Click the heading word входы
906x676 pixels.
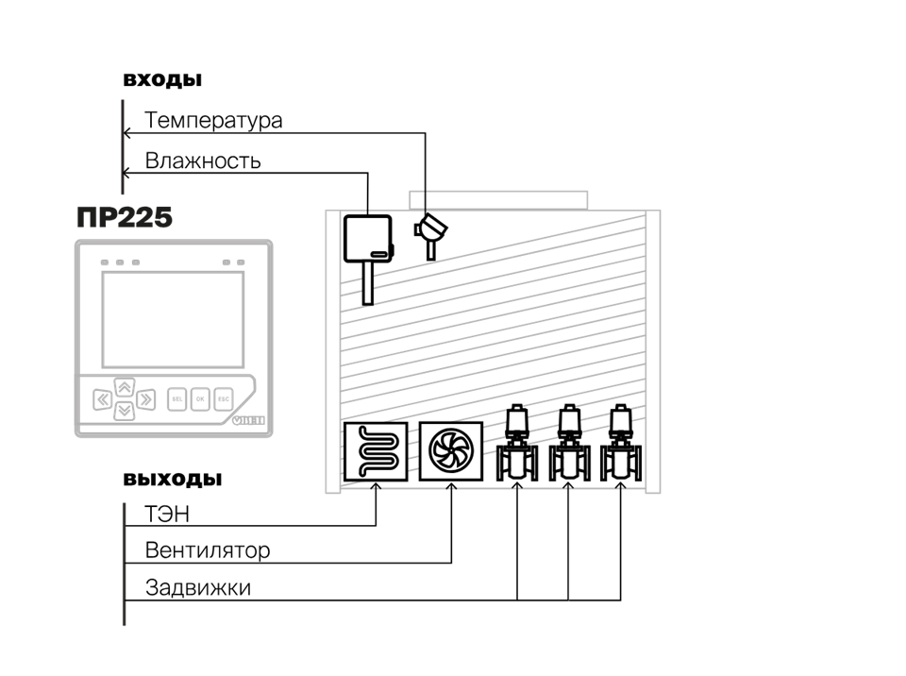(163, 79)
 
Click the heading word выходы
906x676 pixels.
(173, 479)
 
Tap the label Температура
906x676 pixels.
(213, 122)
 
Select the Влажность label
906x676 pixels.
(203, 161)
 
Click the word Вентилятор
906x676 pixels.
(208, 550)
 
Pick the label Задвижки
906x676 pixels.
(198, 587)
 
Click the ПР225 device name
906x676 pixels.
(125, 218)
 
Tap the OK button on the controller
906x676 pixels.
(200, 398)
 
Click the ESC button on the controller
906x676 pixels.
(224, 398)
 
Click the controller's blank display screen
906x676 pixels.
(172, 319)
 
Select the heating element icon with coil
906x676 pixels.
(376, 451)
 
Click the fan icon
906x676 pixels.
(450, 450)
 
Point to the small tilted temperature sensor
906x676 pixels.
(429, 232)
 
